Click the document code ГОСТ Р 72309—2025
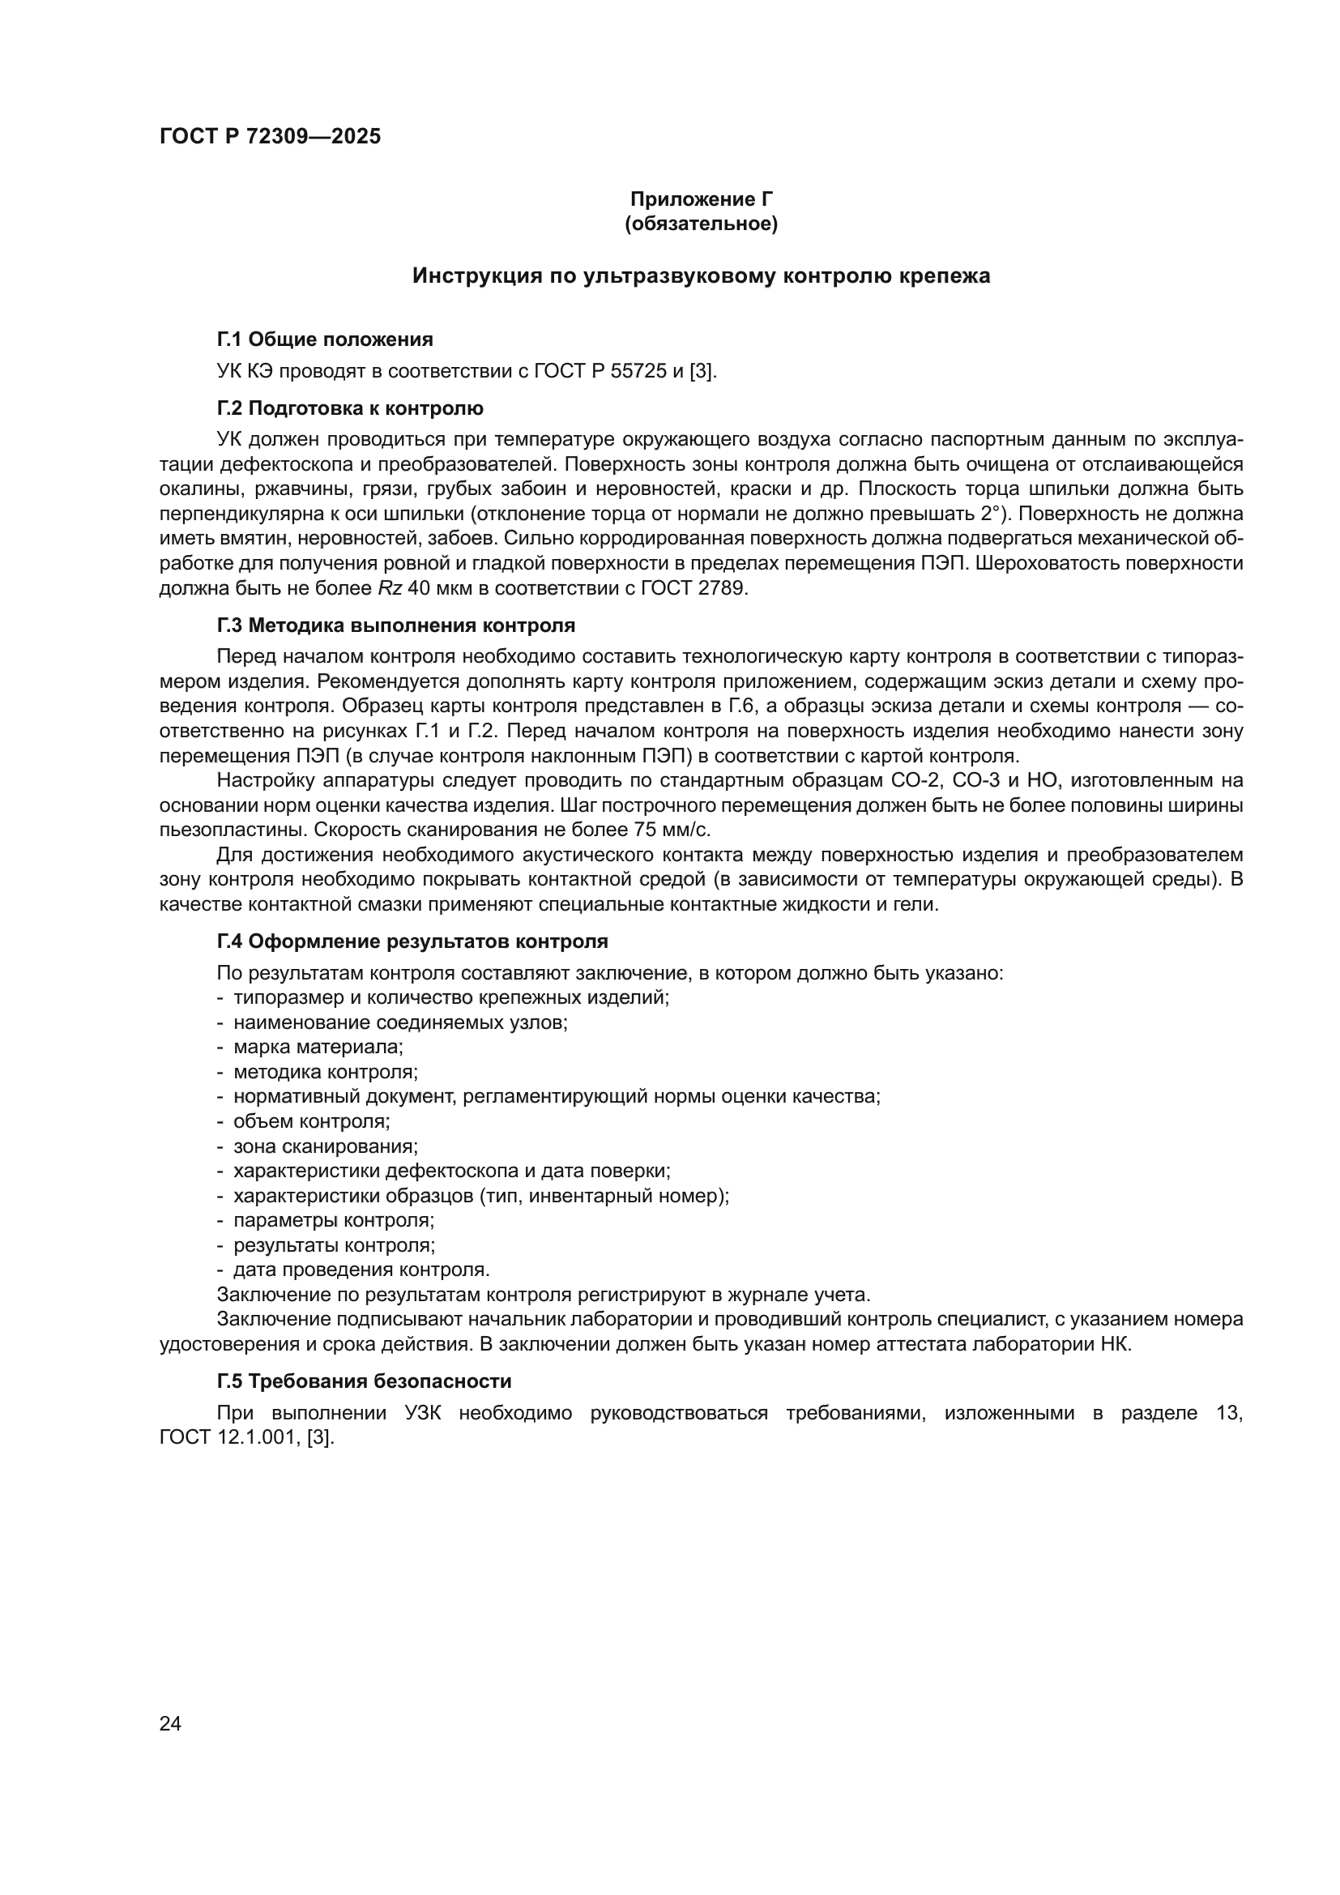[270, 137]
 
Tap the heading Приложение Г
[702, 199]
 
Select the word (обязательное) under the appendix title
[702, 224]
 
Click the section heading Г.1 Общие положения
[324, 339]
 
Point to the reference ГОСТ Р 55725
[600, 371]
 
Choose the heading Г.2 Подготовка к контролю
[350, 408]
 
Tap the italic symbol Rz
[390, 589]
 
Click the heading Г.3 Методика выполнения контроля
[396, 625]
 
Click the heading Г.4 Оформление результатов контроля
[412, 941]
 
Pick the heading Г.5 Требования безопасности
[364, 1381]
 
